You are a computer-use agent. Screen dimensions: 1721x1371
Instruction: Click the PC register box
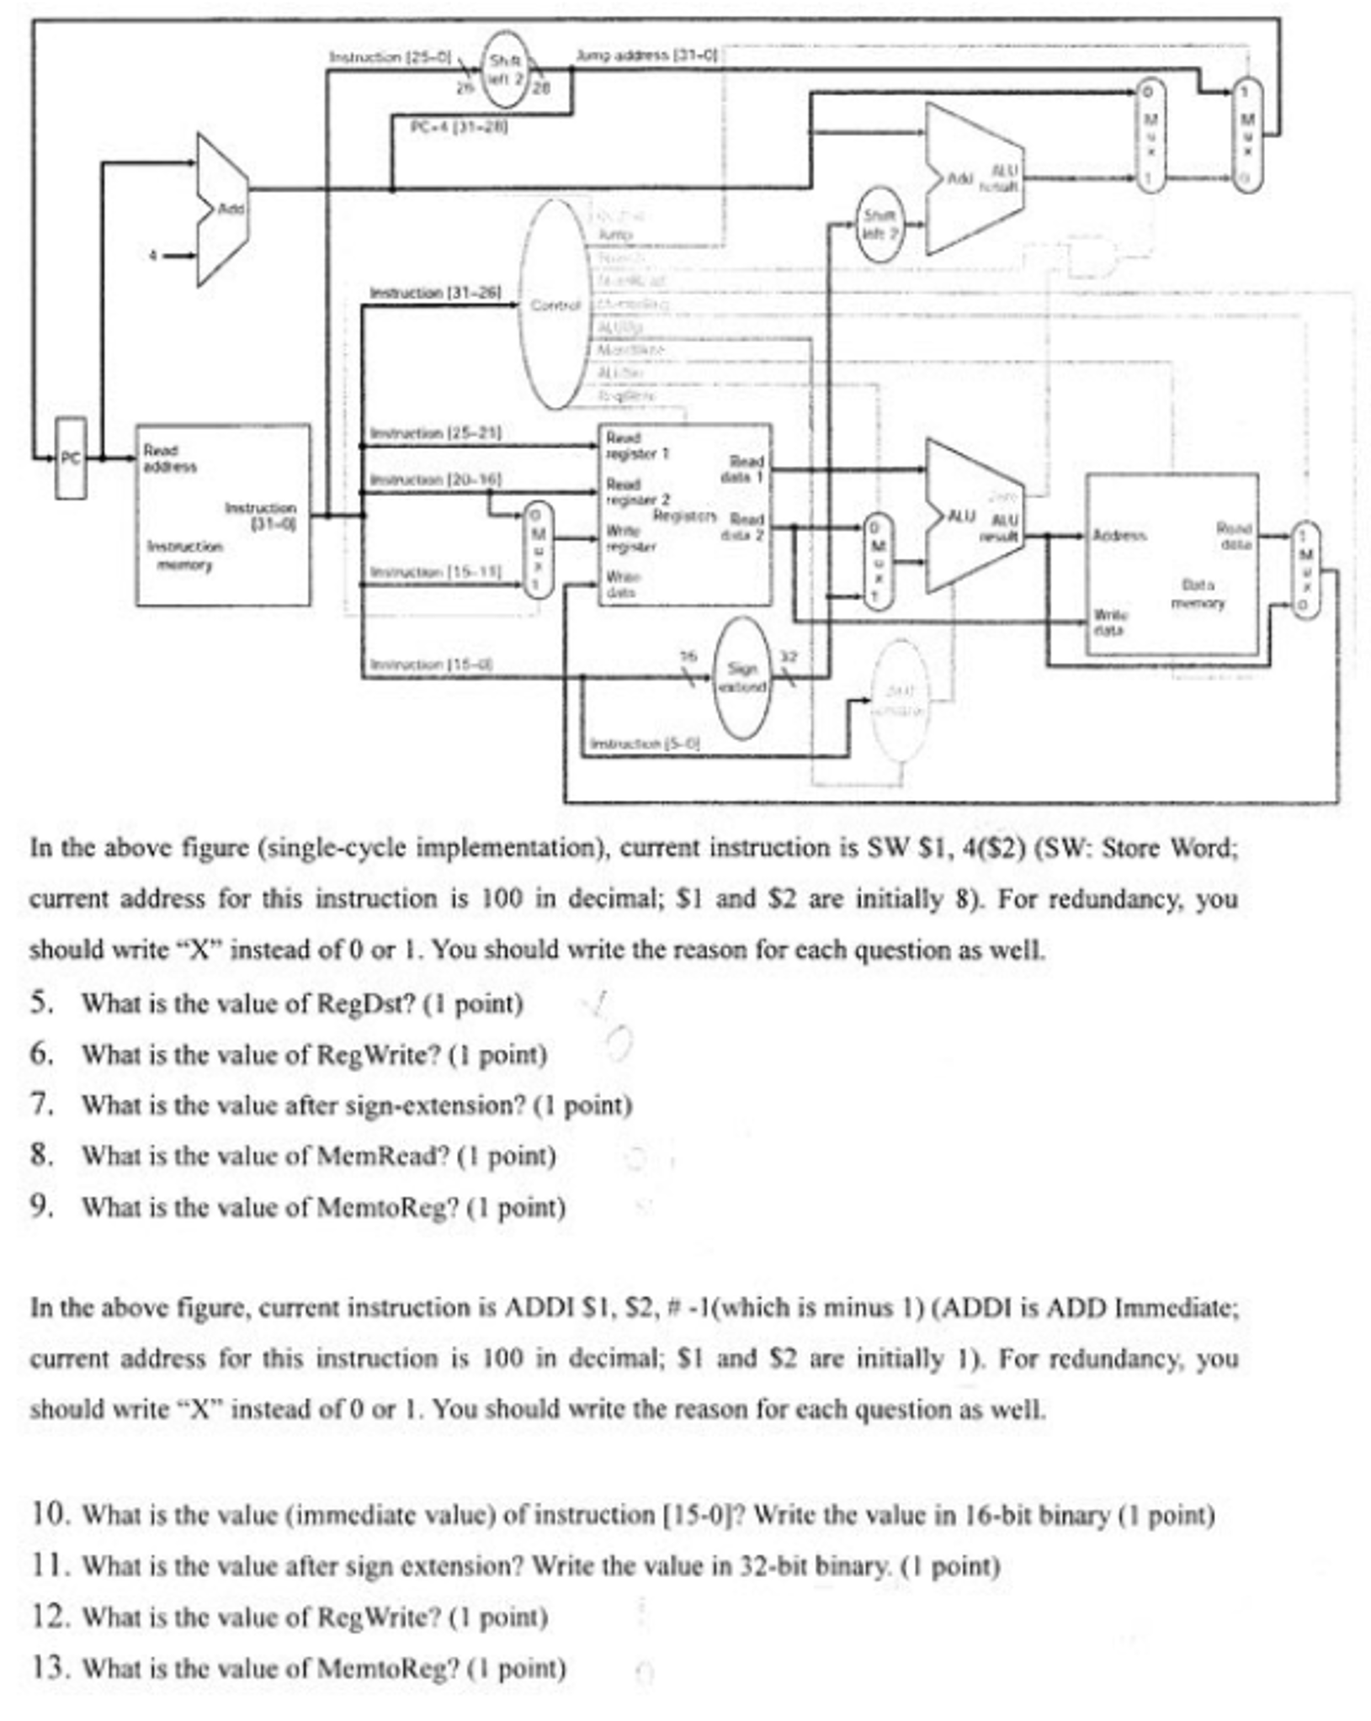(x=71, y=458)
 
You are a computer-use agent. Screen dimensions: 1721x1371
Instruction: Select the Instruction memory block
(x=222, y=515)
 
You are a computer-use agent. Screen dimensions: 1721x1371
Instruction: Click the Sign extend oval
(x=741, y=678)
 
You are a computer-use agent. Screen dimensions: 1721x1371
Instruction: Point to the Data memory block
(x=1172, y=564)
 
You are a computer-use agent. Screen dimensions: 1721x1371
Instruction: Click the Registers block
(x=684, y=515)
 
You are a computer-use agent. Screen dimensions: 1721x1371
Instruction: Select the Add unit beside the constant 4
(x=222, y=209)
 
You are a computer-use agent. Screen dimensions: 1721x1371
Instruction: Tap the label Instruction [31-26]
(x=435, y=293)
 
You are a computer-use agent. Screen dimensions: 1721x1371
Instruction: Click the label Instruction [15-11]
(x=436, y=572)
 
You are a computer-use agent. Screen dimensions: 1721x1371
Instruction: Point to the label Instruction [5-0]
(x=645, y=744)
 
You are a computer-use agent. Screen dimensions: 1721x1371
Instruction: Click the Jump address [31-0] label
(x=646, y=56)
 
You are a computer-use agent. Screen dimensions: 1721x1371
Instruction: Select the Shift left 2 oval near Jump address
(x=506, y=69)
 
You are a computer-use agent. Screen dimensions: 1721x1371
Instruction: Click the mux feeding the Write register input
(x=539, y=550)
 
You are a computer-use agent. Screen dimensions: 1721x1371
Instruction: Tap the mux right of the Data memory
(x=1304, y=570)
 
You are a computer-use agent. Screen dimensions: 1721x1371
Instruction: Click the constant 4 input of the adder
(x=153, y=255)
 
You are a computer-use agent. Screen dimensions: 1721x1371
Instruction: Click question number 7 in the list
(x=42, y=1104)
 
